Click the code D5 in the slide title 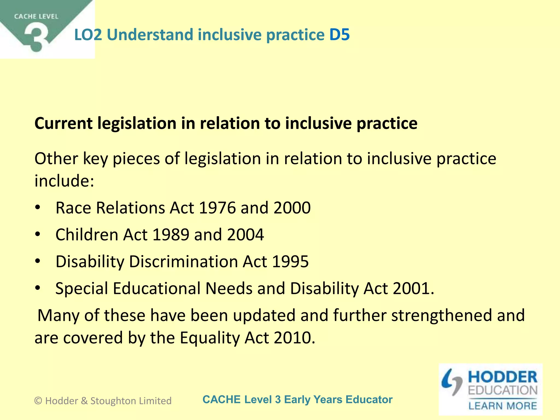tap(339, 35)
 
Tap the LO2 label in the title tap(88, 35)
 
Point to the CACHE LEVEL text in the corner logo tap(36, 17)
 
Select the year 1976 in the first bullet tap(217, 208)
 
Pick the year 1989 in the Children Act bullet tap(171, 235)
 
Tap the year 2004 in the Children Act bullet tap(245, 235)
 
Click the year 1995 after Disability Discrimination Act tap(290, 261)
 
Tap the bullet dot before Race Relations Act tap(38, 208)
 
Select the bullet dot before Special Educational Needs tap(38, 288)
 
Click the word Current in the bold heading tap(63, 123)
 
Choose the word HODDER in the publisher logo tap(503, 377)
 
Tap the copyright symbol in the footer tap(38, 401)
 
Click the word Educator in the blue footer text tap(369, 399)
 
